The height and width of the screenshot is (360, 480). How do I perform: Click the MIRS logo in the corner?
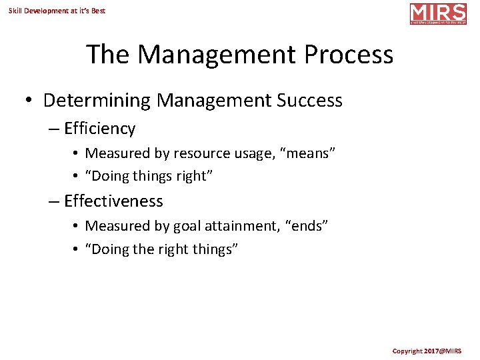click(438, 13)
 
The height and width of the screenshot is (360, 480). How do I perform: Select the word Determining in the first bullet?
click(97, 101)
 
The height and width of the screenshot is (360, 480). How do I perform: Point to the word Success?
click(309, 101)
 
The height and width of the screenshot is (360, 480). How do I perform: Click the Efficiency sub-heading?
click(99, 129)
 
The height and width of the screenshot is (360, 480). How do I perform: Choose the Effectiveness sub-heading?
click(113, 201)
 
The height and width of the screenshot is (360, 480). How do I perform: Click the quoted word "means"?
click(308, 153)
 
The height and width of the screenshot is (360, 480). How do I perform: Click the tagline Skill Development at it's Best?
click(57, 11)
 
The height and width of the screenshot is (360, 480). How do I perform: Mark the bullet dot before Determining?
click(29, 101)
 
